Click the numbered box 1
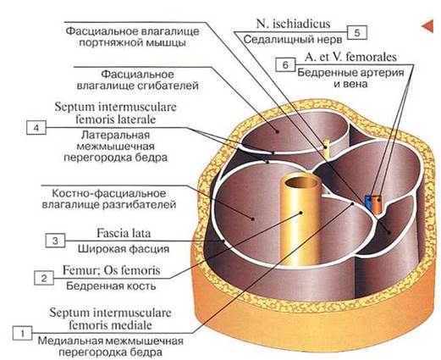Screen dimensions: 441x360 (22, 334)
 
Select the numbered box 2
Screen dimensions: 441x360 (44, 278)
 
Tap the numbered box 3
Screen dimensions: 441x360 (55, 241)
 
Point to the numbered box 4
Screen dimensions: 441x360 (36, 128)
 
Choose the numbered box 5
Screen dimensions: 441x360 (357, 32)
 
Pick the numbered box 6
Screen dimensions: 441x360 (285, 64)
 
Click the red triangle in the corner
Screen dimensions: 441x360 (427, 26)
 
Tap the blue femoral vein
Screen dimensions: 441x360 (368, 202)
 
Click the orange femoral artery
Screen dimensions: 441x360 (377, 204)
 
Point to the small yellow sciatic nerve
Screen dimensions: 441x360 (326, 147)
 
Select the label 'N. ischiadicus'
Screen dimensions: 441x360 (293, 24)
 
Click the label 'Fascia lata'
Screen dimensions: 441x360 (124, 233)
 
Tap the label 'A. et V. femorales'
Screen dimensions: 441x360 (350, 57)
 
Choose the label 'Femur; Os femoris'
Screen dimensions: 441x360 (111, 270)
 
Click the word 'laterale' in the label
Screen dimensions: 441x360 (136, 119)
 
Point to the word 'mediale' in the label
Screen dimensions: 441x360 (132, 325)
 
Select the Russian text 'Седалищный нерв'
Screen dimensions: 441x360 (293, 40)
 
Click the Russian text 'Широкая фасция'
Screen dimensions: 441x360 (124, 249)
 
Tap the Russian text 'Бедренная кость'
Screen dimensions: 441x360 (111, 286)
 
